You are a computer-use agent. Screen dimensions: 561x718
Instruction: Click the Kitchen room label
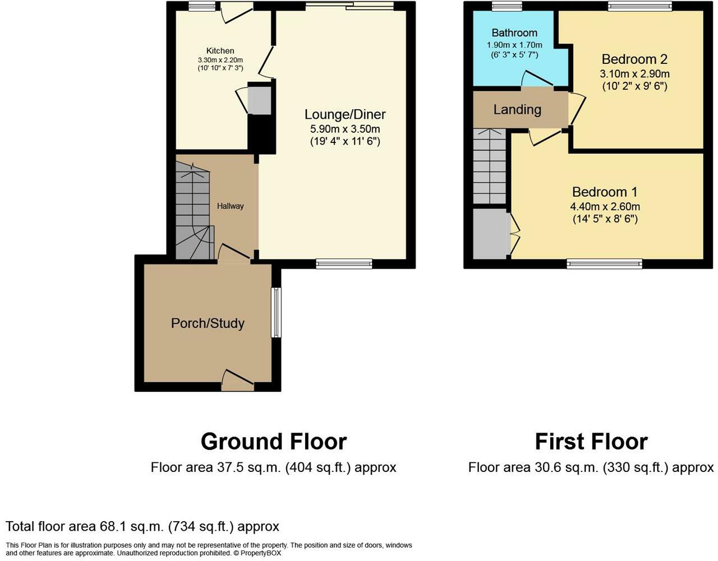[x=220, y=51]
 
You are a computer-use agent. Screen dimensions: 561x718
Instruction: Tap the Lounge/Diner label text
[x=345, y=114]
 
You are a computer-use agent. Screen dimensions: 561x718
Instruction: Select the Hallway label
[x=230, y=206]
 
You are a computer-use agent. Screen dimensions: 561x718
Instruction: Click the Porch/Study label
[x=208, y=323]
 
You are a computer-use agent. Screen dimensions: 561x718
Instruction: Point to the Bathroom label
[x=514, y=33]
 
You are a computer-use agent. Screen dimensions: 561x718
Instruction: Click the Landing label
[x=517, y=110]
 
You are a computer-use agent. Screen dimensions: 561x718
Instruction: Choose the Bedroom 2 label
[x=634, y=59]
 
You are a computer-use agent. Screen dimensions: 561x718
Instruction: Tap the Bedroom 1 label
[x=605, y=192]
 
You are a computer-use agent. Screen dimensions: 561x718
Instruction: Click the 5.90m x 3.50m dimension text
[x=345, y=129]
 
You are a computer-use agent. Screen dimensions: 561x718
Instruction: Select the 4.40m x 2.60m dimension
[x=605, y=206]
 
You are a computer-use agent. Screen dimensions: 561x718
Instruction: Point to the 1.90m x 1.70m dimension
[x=514, y=45]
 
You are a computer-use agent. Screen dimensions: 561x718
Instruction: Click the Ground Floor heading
[x=274, y=442]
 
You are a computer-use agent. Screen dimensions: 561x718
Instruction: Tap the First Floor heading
[x=591, y=442]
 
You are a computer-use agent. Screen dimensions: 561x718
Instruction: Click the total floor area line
[x=142, y=526]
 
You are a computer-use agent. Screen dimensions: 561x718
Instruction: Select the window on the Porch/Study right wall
[x=276, y=313]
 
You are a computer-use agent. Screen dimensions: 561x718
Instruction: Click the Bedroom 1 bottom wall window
[x=604, y=264]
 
